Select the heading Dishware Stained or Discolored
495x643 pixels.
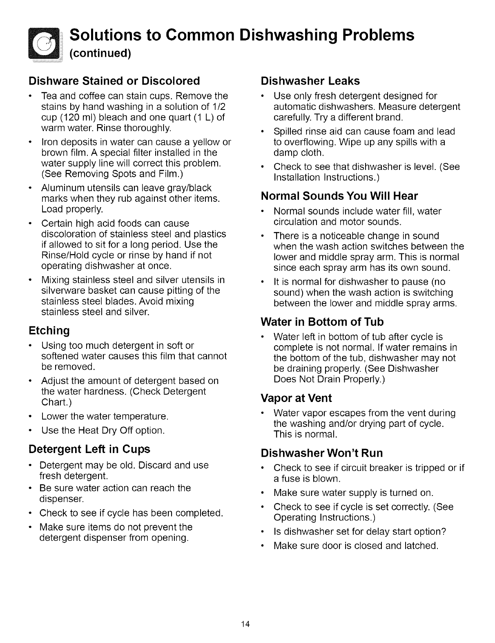pyautogui.click(x=114, y=80)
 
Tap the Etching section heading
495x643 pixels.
pyautogui.click(x=49, y=330)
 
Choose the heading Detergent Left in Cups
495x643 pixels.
pyautogui.click(x=89, y=449)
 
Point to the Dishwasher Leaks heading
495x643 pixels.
pyautogui.click(x=310, y=81)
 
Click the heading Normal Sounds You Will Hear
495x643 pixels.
pyautogui.click(x=339, y=196)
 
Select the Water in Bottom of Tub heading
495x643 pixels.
pyautogui.click(x=322, y=322)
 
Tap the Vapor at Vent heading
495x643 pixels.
pyautogui.click(x=296, y=398)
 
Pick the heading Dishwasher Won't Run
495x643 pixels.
pyautogui.click(x=322, y=453)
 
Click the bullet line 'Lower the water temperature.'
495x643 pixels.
pyautogui.click(x=105, y=417)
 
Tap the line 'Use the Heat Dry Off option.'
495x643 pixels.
pyautogui.click(x=103, y=430)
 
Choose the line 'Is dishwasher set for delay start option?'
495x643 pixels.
pyautogui.click(x=360, y=531)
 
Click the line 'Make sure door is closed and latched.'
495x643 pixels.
pyautogui.click(x=356, y=545)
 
